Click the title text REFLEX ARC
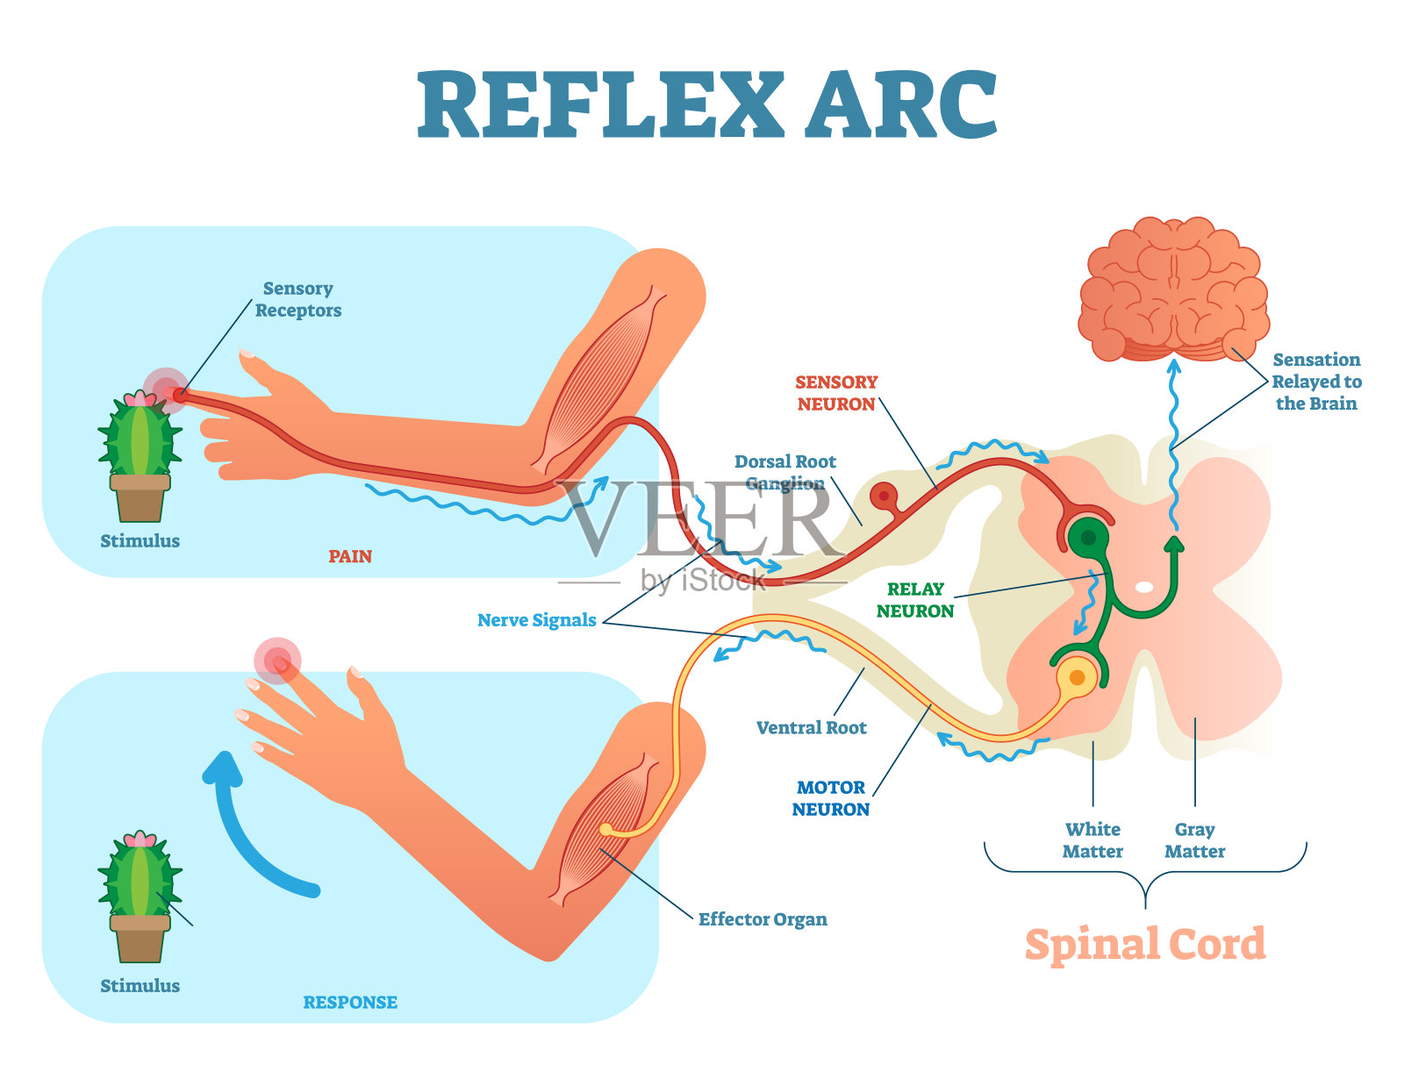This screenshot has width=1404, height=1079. pos(707,105)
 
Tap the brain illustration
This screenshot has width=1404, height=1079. pos(1173,289)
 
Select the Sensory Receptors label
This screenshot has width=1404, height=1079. pos(297,299)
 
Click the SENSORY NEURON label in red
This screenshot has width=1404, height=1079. pos(835,393)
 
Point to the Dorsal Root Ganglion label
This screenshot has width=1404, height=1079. pos(784,472)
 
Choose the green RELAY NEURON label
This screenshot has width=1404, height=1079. pos(914,600)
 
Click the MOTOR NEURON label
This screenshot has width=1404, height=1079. pos(830,798)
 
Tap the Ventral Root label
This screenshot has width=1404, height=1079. pos(811,727)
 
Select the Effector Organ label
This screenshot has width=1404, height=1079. pos(762,919)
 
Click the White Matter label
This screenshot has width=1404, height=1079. pos(1092,840)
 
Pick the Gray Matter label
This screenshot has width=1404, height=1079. pos(1194,840)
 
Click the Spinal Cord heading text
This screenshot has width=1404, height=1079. pos(1145,945)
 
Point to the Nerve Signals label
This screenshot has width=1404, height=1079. pos(536,620)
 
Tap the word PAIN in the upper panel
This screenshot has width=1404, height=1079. pos(350,556)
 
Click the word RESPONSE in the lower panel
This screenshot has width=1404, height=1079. pos(350,1002)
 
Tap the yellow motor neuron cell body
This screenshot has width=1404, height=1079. pos(1077,677)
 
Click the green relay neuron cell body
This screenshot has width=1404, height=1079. pos(1088,538)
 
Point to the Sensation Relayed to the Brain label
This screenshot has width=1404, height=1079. pos(1316,382)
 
